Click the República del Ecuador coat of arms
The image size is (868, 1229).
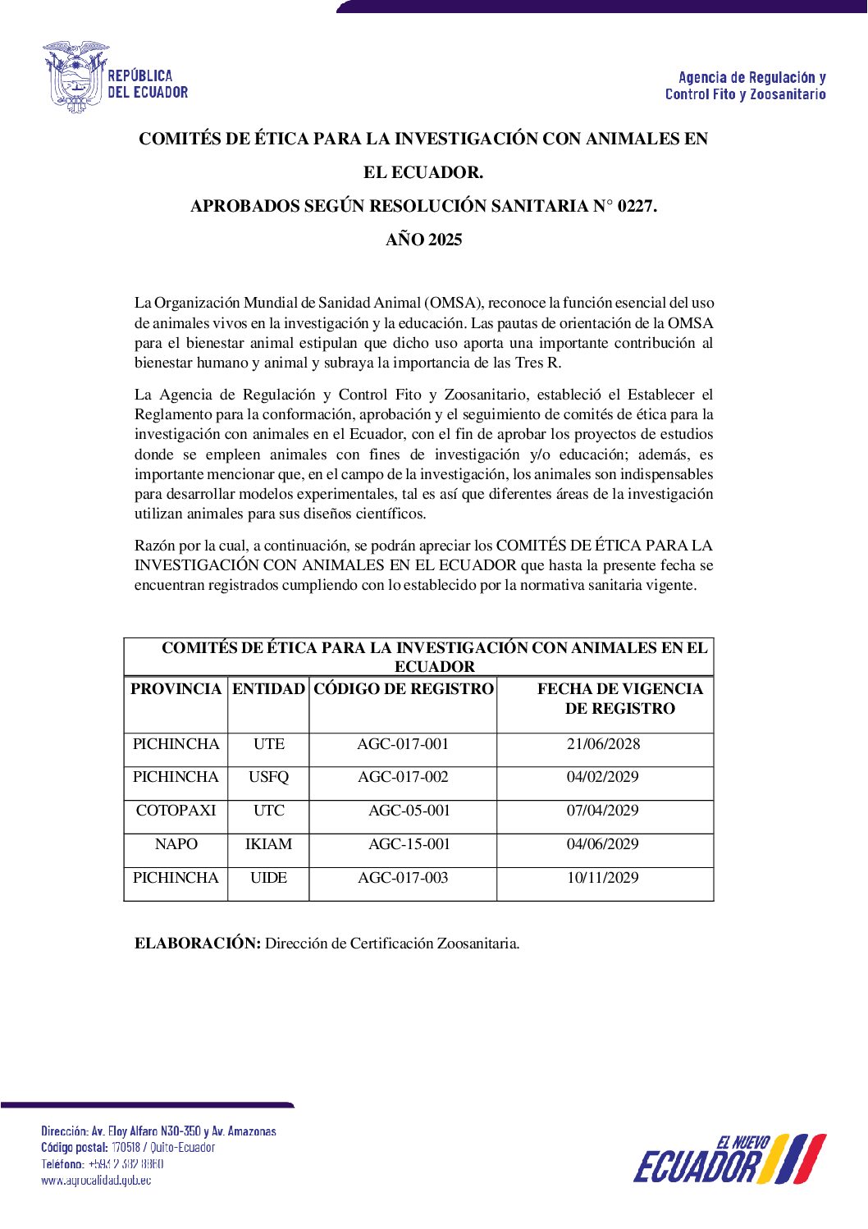tap(76, 76)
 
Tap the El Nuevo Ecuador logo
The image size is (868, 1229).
tap(729, 1158)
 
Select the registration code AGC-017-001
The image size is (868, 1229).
tap(403, 744)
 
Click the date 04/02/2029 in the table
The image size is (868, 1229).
tap(602, 777)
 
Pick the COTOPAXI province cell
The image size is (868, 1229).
tap(176, 811)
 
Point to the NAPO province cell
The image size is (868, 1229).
tap(176, 844)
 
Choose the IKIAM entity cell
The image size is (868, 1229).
tap(268, 844)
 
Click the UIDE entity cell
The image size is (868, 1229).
tap(268, 878)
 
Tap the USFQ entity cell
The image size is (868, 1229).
tap(268, 777)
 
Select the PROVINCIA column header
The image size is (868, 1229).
tap(176, 689)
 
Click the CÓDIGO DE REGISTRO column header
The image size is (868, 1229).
tap(404, 689)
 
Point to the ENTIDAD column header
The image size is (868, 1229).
tap(268, 689)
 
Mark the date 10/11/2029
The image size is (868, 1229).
tap(602, 878)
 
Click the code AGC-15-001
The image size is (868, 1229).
tap(409, 844)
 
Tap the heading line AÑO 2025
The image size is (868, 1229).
tap(424, 240)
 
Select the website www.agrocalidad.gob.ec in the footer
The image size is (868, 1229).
tap(96, 1180)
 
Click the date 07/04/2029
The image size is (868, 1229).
tap(602, 811)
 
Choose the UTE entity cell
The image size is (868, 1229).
tap(268, 744)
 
